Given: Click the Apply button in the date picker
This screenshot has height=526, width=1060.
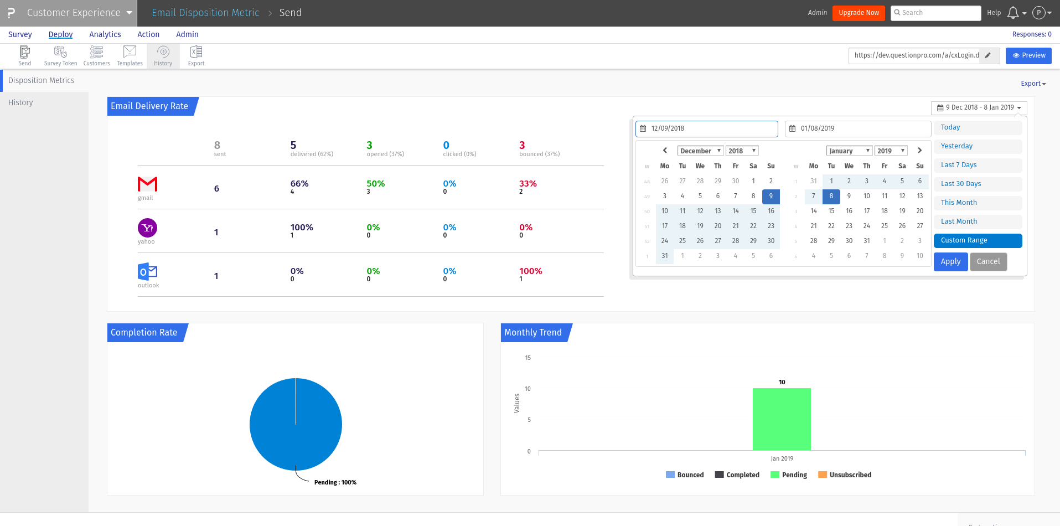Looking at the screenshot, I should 950,262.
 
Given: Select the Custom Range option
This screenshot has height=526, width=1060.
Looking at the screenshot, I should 977,240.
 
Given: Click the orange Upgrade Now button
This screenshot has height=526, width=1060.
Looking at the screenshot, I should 858,13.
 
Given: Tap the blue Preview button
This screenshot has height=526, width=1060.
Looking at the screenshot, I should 1028,55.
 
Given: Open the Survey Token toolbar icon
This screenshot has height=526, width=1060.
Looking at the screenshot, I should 60,55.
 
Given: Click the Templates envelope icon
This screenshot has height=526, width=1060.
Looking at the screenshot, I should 130,55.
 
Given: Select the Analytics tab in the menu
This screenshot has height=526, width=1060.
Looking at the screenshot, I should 105,34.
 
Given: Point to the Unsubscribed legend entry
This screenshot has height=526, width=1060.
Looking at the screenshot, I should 845,475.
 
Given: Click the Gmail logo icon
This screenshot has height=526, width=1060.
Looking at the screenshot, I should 147,184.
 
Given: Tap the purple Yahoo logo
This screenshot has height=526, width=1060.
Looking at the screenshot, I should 147,228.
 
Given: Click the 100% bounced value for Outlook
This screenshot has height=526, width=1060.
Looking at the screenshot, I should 530,271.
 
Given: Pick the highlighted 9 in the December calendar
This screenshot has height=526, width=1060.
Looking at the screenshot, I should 771,196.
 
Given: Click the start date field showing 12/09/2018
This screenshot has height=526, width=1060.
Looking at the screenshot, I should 707,128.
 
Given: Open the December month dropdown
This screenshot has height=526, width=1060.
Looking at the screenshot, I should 700,151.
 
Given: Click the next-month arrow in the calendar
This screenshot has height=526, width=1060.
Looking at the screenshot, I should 919,151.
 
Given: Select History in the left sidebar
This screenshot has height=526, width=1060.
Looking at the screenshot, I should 20,102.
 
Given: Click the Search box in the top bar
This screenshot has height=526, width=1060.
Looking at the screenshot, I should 935,13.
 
